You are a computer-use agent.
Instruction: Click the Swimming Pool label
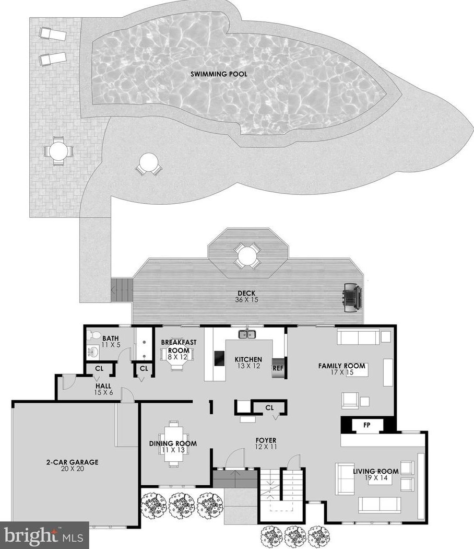(x=219, y=74)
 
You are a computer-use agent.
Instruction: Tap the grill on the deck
(x=352, y=297)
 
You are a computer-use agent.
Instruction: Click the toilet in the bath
(x=93, y=335)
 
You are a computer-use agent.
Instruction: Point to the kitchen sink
(x=247, y=334)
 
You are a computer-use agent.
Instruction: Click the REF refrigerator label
(x=278, y=368)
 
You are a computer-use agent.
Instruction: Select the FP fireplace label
(x=366, y=425)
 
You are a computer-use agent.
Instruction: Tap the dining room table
(x=173, y=443)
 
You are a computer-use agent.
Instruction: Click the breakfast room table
(x=174, y=355)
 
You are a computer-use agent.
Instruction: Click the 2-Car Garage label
(x=73, y=462)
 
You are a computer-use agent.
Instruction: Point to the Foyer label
(x=266, y=440)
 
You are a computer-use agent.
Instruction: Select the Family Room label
(x=342, y=366)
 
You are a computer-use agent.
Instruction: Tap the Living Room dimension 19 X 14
(x=375, y=477)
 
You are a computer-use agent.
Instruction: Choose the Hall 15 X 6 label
(x=103, y=389)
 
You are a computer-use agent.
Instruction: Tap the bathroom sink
(x=93, y=352)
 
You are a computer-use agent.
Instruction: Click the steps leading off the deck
(x=122, y=290)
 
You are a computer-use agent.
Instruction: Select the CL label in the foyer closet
(x=269, y=407)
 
